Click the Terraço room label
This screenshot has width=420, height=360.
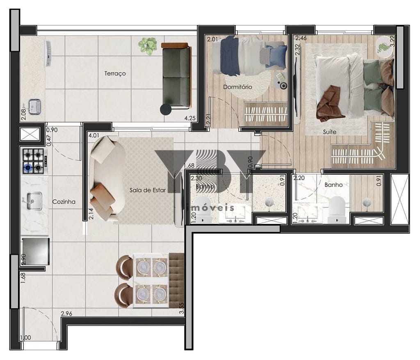point(115,74)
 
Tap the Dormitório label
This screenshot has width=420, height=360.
point(237,87)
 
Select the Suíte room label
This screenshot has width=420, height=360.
point(329,132)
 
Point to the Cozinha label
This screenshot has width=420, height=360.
point(64,202)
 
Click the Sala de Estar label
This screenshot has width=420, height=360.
point(148,190)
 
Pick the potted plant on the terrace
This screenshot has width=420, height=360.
point(148,46)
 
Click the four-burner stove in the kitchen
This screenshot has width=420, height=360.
point(34,160)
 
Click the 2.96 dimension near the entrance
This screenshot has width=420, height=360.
point(67,314)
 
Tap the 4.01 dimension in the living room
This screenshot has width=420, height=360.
point(94,134)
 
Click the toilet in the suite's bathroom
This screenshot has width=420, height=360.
point(337,207)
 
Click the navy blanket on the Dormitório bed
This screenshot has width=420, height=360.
point(230,56)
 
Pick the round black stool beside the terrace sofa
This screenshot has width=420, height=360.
point(166,109)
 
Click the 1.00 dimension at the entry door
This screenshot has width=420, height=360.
point(25,338)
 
